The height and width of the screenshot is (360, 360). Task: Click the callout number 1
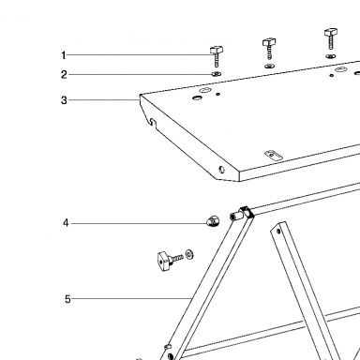(64, 55)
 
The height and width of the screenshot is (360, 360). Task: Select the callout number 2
(64, 75)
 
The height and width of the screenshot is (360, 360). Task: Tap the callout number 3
(64, 100)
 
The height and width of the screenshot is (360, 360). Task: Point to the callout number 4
(66, 223)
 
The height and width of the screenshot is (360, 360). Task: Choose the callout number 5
(67, 299)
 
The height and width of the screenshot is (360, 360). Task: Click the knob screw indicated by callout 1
(217, 56)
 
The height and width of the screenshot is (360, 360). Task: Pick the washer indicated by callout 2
(216, 74)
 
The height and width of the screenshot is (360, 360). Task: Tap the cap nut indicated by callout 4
(213, 221)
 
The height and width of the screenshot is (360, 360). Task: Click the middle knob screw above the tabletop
(269, 49)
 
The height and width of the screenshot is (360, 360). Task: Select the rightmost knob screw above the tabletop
(331, 38)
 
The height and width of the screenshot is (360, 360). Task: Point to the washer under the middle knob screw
(269, 67)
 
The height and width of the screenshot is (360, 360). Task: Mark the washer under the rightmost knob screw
(330, 56)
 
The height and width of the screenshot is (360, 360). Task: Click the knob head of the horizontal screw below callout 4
(163, 261)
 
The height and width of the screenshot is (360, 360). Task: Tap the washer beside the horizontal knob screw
(189, 254)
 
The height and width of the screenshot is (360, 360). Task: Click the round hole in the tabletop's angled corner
(222, 170)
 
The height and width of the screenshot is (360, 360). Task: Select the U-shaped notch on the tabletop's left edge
(152, 122)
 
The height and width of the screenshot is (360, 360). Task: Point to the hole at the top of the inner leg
(278, 232)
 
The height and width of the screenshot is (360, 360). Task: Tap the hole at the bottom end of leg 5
(171, 356)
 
